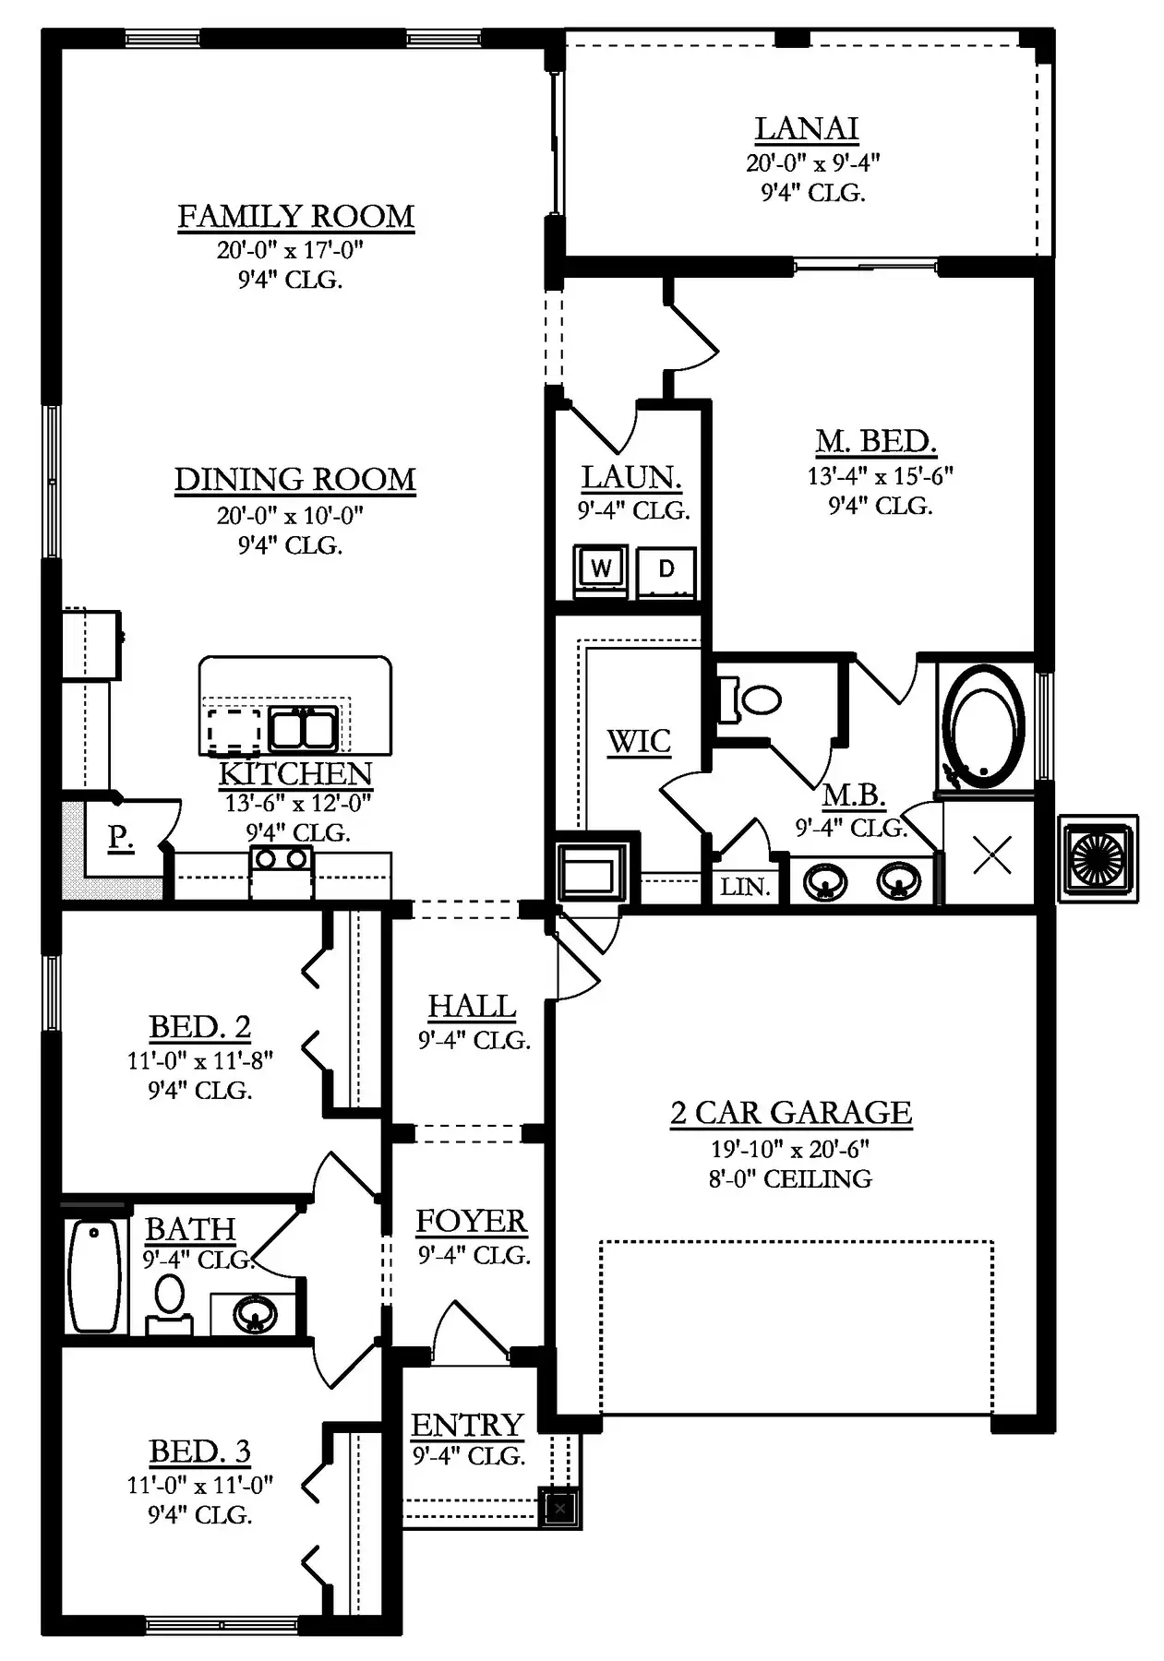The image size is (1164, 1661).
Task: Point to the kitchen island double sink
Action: [303, 728]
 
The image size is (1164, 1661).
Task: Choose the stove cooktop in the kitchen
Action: [282, 871]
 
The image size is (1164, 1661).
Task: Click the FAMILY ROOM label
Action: [295, 217]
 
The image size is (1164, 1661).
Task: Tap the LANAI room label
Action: [807, 128]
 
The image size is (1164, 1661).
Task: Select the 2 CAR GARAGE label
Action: [791, 1113]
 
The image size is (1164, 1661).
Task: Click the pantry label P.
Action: [121, 836]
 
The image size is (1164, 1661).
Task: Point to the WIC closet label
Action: [639, 741]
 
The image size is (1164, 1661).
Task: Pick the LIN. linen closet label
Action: [745, 887]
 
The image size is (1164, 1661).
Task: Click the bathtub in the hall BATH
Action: [95, 1276]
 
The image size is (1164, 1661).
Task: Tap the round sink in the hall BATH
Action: [256, 1314]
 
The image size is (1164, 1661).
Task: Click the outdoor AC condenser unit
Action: [1098, 858]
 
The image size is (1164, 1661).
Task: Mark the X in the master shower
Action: [992, 854]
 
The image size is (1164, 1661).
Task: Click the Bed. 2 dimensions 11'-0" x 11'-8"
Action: [200, 1060]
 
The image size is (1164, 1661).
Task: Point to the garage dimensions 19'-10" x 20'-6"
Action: [790, 1150]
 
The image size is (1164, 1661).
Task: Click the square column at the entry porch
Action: [559, 1508]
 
